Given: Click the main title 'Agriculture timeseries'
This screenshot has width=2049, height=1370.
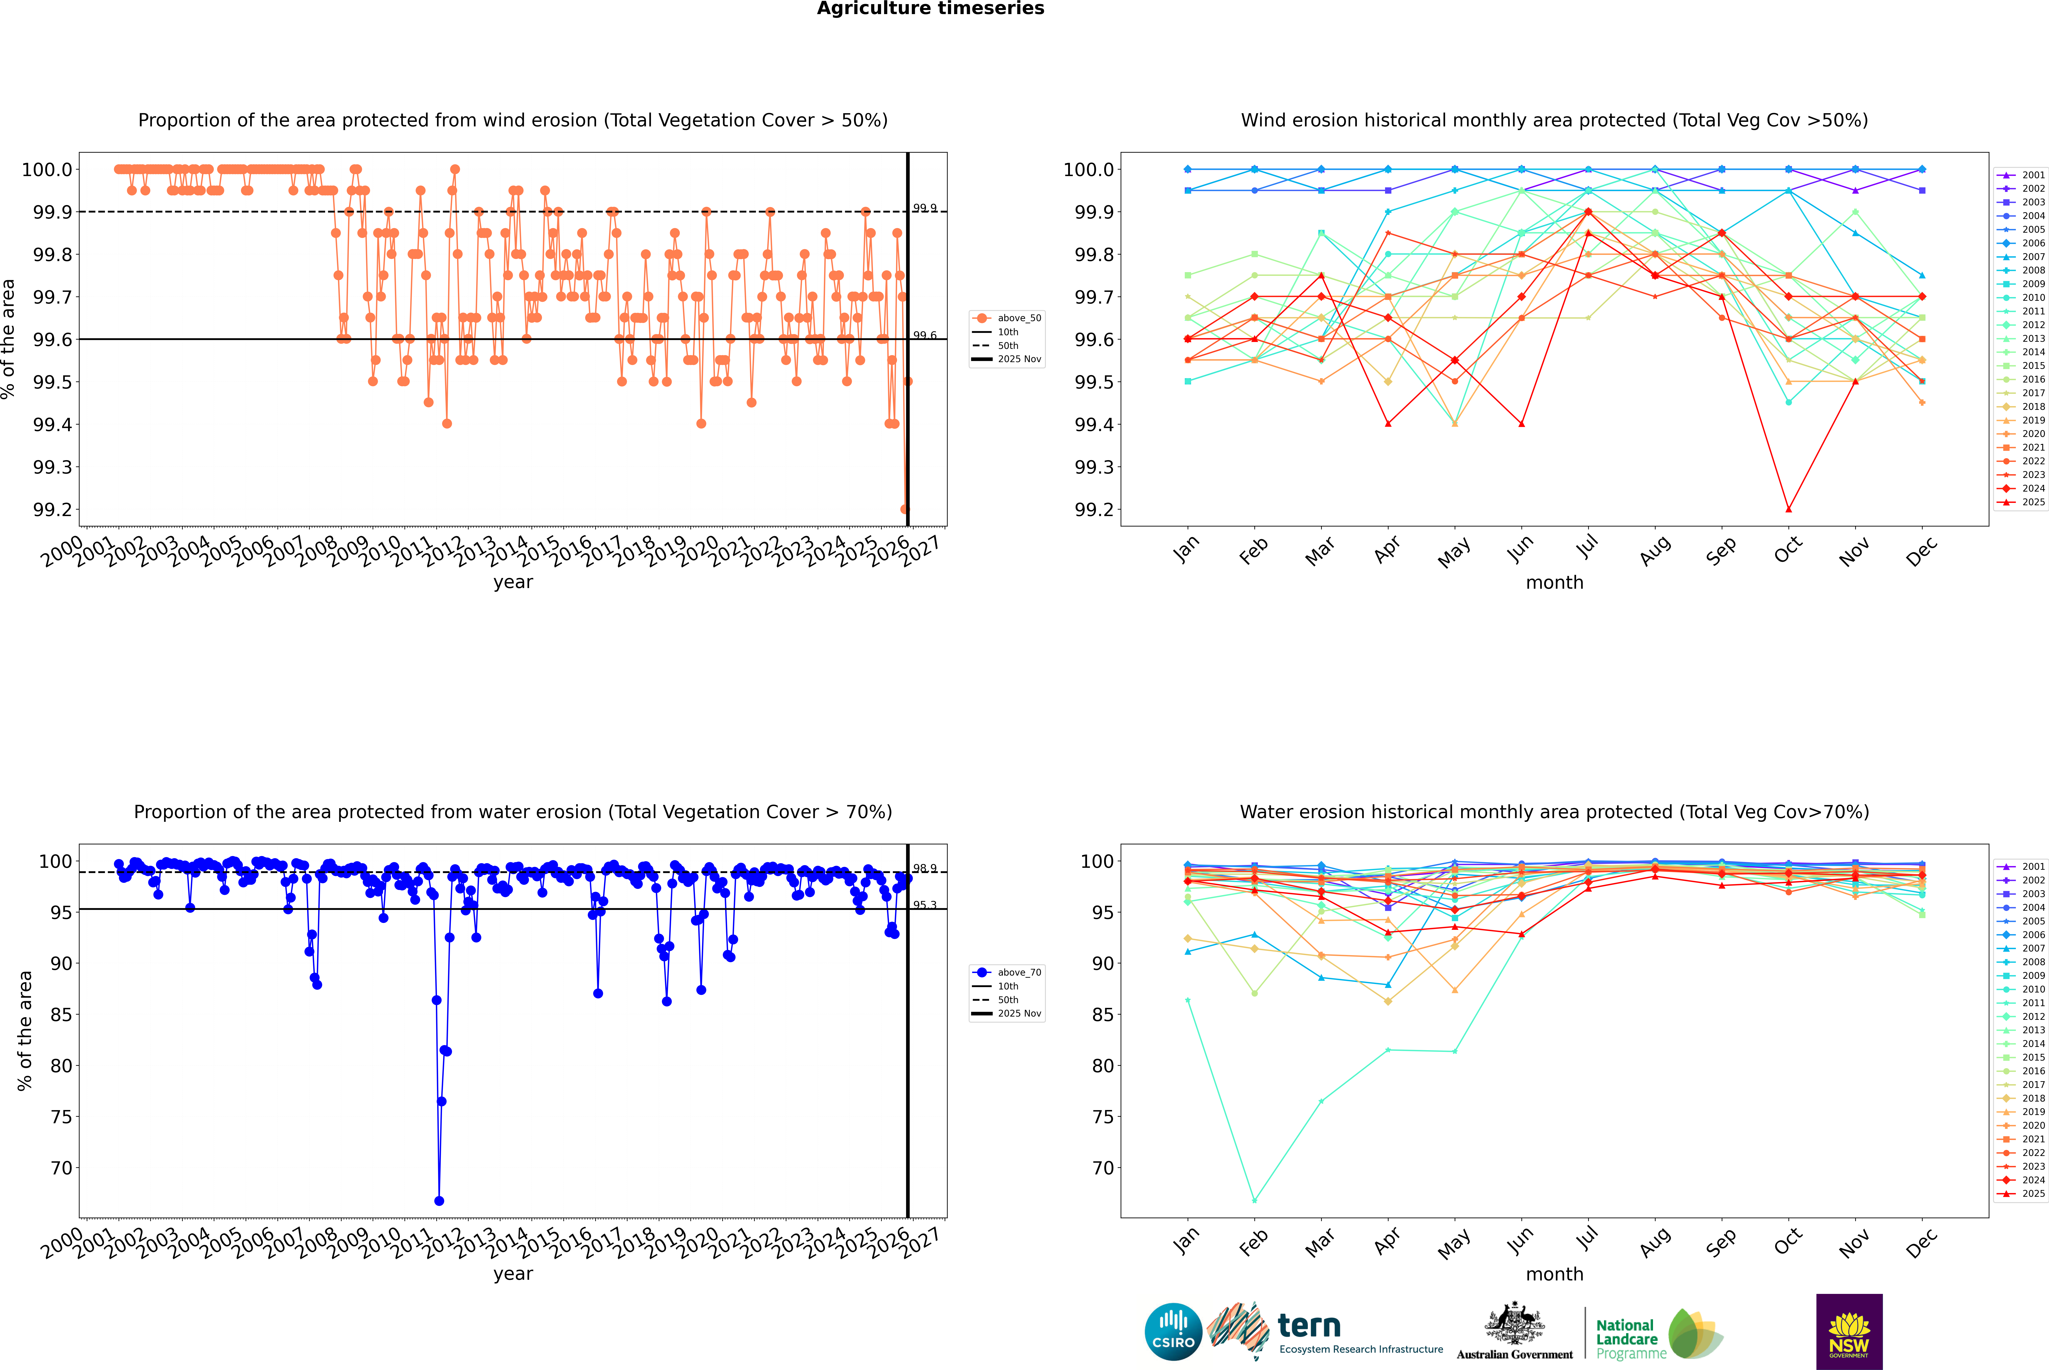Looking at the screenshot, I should [x=930, y=9].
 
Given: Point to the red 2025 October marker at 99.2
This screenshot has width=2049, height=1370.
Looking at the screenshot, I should [x=1789, y=509].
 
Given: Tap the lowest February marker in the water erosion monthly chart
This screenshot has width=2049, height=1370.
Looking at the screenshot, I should [x=1254, y=1200].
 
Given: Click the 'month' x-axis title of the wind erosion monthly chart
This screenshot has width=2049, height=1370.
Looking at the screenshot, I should [x=1554, y=583].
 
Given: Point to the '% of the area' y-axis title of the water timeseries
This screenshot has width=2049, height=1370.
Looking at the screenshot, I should [x=24, y=1031].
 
